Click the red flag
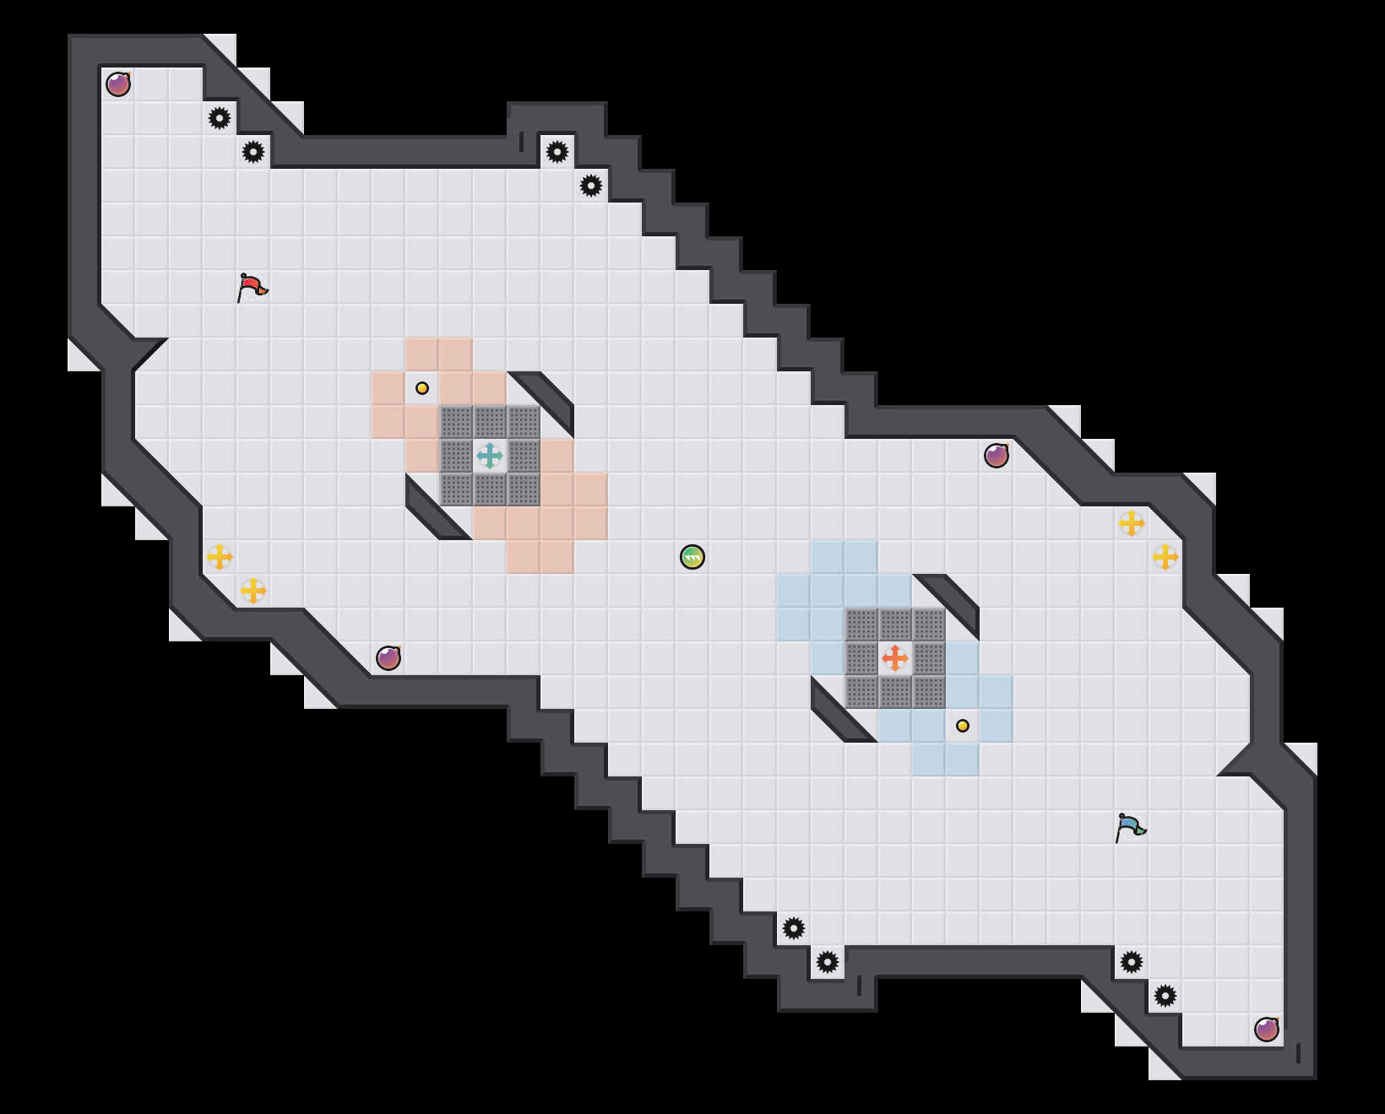point(252,287)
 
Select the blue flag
point(1130,827)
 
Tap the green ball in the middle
point(692,557)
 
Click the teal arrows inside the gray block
point(490,456)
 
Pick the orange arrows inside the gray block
point(895,658)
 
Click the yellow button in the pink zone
point(422,388)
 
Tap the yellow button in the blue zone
point(963,726)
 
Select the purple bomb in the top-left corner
point(118,84)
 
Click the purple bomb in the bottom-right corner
point(1267,1030)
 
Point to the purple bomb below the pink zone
point(388,658)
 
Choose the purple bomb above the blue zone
point(997,456)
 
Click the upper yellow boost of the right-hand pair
point(1132,523)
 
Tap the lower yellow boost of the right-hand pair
point(1165,557)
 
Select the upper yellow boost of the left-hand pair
point(220,557)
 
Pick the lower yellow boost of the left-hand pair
point(253,591)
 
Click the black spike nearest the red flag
point(253,152)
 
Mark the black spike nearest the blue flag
point(1132,962)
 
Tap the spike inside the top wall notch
point(557,152)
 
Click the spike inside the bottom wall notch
point(828,962)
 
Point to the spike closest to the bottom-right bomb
point(1165,996)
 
